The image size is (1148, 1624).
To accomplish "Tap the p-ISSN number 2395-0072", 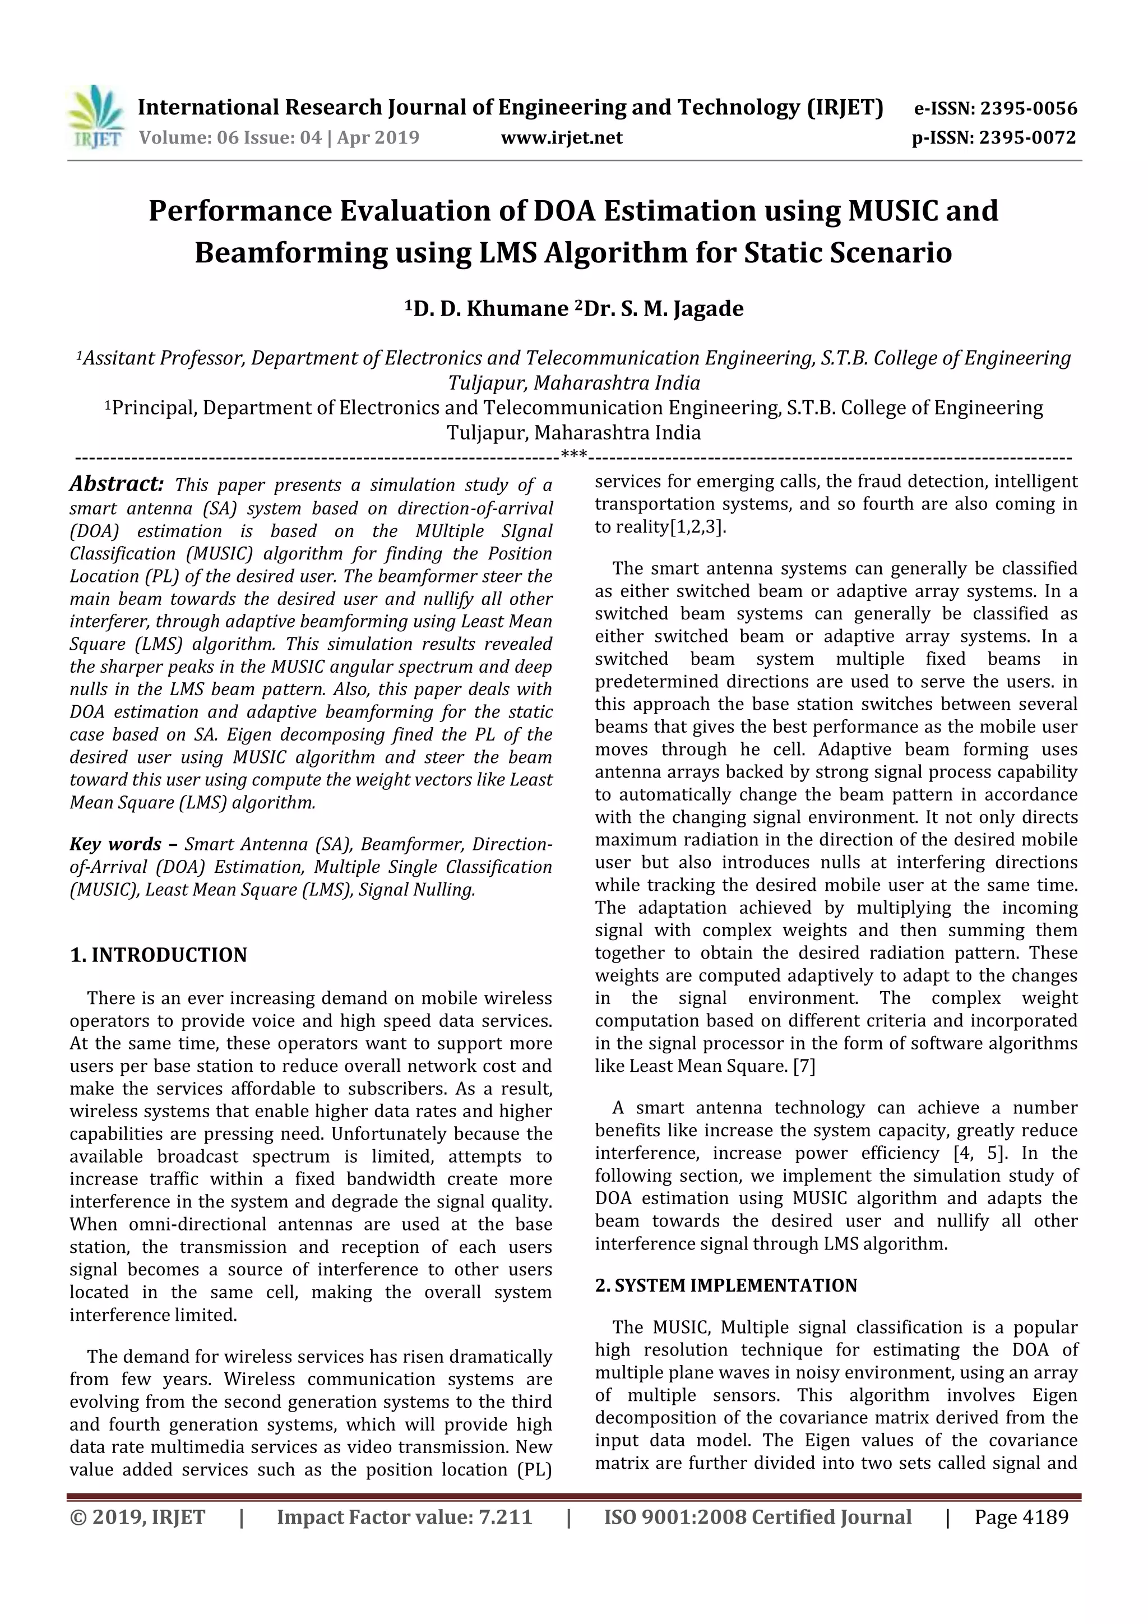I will coord(1027,138).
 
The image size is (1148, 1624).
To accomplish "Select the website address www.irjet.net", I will coord(562,138).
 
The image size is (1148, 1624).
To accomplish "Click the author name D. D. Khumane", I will coord(490,309).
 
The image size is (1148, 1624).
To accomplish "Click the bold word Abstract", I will coord(117,484).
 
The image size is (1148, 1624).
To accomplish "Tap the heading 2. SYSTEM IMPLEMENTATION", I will coord(726,1285).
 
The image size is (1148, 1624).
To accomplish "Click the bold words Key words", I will coord(115,845).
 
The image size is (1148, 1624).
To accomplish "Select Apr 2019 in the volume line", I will coord(378,138).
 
